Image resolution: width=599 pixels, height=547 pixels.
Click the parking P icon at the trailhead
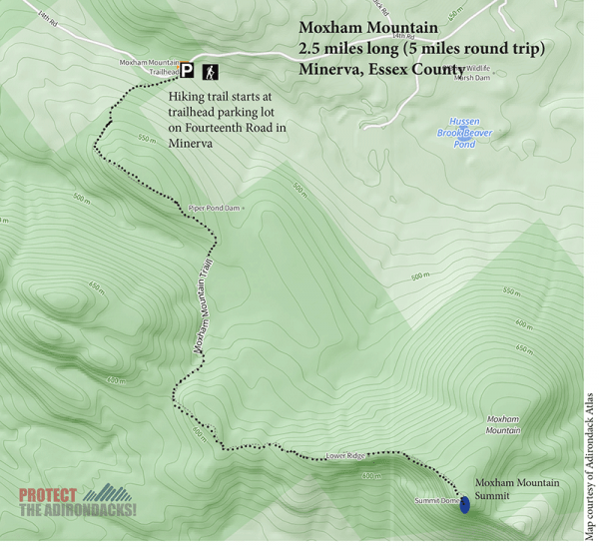tap(187, 71)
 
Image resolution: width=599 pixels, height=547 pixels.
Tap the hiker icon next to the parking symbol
tap(212, 71)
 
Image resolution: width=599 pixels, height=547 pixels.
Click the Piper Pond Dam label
tap(215, 209)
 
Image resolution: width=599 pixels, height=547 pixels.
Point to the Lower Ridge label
tap(342, 457)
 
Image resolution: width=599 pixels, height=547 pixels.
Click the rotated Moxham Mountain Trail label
tap(204, 304)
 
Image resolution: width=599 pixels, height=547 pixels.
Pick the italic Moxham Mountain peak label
tap(503, 424)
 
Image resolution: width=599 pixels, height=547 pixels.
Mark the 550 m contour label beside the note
tap(147, 139)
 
